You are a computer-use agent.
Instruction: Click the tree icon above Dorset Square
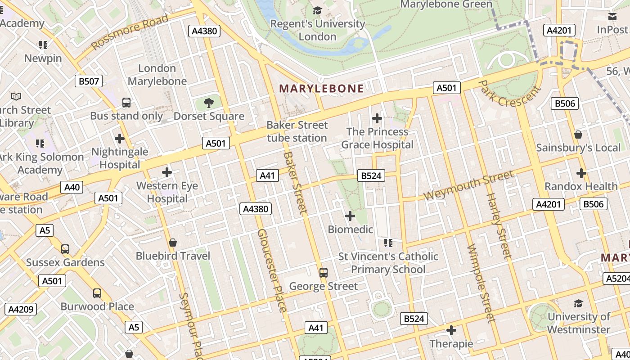tap(208, 103)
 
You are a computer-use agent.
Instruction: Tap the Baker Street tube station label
tap(297, 131)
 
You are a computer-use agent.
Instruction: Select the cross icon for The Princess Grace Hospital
tap(377, 118)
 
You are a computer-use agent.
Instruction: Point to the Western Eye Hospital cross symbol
tap(167, 172)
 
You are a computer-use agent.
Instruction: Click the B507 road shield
tap(89, 81)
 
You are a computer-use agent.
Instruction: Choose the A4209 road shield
tap(21, 309)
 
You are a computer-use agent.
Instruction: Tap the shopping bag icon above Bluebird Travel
tap(172, 243)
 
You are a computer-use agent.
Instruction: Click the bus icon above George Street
tap(323, 272)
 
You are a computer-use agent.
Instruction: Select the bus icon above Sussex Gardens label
tap(65, 249)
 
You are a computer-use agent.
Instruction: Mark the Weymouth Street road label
tap(468, 186)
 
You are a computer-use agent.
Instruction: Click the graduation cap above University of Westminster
tap(578, 303)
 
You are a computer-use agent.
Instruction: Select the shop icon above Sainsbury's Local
tap(578, 135)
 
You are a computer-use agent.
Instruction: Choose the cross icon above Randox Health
tap(581, 173)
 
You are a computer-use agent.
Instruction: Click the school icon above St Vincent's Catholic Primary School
tap(388, 243)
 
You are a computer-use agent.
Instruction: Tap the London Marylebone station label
tap(157, 75)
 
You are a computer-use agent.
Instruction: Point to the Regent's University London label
tap(318, 30)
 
